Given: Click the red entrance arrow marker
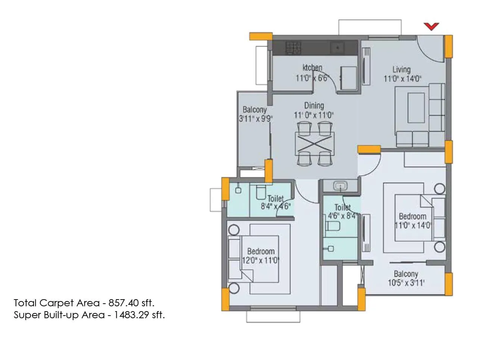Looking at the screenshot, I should point(431,26).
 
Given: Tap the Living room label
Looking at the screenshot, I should point(401,69).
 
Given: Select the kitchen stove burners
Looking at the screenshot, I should point(293,47).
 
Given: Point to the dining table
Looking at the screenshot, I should point(314,144).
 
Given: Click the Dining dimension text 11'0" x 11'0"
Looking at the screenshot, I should point(314,115).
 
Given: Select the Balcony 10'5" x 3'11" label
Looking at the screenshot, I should point(406,279).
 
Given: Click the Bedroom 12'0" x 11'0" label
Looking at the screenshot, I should point(260,256).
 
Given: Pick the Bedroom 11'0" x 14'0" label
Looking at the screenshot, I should point(413,221).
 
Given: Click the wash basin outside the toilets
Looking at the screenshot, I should point(340,185).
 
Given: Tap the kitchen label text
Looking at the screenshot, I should point(312,68).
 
